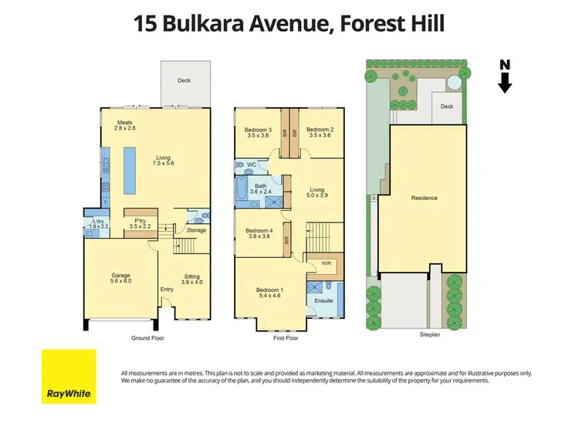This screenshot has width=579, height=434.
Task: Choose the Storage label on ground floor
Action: coord(196,230)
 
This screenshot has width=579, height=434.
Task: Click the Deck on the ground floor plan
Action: coord(184,80)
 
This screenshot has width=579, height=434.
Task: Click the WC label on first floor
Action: coord(252,164)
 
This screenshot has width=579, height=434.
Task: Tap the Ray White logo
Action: coord(68,377)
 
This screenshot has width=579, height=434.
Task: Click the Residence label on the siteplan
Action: coord(424,198)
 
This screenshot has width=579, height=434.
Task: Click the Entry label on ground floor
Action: coord(167,290)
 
